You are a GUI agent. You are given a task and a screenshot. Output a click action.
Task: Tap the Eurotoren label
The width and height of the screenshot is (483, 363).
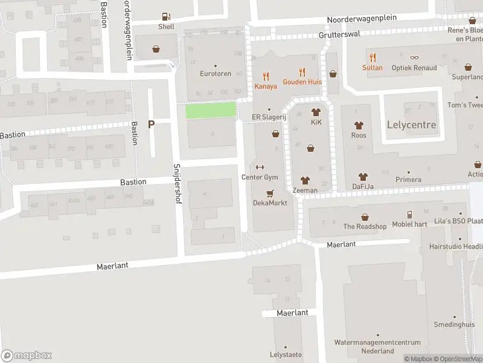[216, 74]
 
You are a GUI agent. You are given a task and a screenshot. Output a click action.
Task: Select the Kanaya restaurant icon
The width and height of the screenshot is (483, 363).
[266, 76]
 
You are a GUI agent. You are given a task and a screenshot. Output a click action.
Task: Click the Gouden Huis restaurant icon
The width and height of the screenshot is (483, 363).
[302, 72]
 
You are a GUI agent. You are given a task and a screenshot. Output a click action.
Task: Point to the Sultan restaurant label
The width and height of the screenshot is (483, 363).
[373, 68]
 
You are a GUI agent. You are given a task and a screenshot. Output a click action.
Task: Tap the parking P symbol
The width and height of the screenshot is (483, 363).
[152, 124]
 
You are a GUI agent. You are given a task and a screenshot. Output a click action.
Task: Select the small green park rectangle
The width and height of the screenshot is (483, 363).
[210, 110]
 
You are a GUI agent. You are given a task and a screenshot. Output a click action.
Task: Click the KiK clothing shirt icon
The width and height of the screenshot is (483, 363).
[315, 112]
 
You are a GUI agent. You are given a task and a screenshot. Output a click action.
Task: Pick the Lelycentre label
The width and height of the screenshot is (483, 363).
[411, 125]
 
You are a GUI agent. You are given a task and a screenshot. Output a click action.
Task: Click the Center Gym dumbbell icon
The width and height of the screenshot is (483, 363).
[260, 168]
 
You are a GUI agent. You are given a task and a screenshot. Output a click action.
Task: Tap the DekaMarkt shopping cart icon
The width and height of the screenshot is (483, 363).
[270, 194]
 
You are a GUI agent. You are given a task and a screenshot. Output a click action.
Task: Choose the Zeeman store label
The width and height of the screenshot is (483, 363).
[305, 191]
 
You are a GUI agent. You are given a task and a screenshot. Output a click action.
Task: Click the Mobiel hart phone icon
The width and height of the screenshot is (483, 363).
[410, 215]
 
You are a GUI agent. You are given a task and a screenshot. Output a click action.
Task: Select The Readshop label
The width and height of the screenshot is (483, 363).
[365, 226]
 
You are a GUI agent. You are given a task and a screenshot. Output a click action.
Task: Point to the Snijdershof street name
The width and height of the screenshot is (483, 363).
[178, 183]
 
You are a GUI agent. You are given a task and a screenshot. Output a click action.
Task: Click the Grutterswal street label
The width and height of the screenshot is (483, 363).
[338, 35]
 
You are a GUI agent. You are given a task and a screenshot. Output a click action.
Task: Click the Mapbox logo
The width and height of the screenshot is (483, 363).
[27, 356]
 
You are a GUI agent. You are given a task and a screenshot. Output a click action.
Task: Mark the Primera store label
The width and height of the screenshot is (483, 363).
[408, 180]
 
